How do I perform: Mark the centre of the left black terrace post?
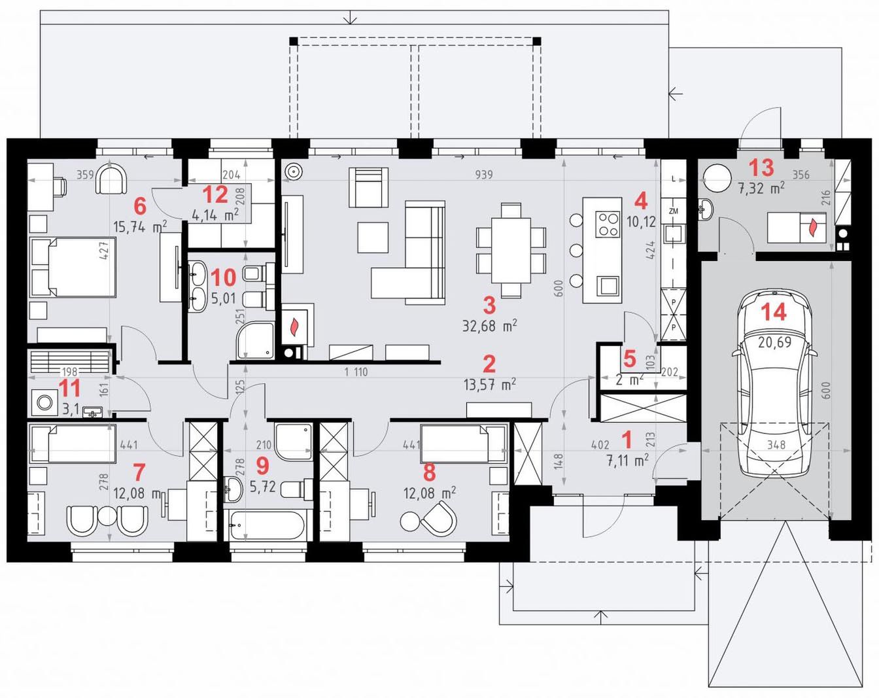294,41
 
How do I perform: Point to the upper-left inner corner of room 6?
27,160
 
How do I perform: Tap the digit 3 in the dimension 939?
484,175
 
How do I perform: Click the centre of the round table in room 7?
107,517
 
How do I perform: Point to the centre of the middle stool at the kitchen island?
576,250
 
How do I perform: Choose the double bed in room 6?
73,267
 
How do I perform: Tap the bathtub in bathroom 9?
267,525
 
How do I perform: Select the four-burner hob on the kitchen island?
608,224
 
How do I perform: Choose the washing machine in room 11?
44,402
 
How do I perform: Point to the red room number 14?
774,312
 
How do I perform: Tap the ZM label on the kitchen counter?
673,211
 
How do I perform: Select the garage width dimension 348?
776,444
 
